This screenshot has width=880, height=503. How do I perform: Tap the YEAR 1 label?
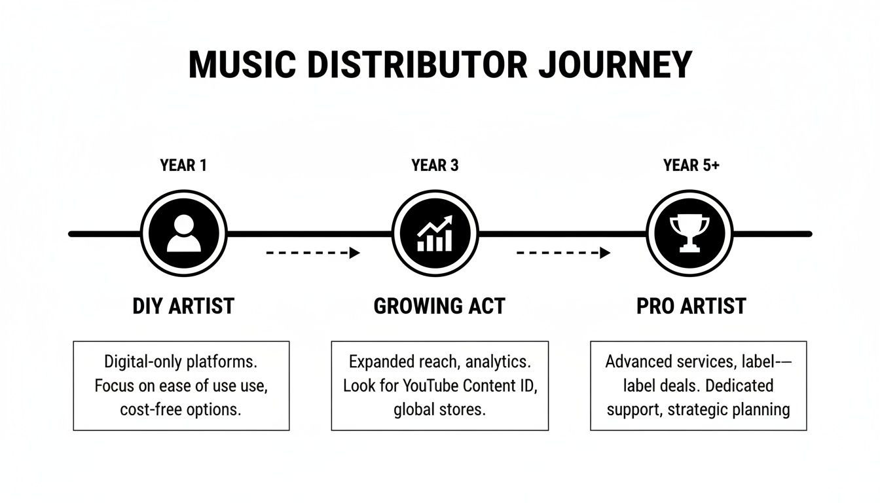pyautogui.click(x=183, y=166)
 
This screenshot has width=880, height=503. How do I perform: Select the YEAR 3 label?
pyautogui.click(x=435, y=166)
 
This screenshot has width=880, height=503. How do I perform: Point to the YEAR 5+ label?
pyautogui.click(x=691, y=166)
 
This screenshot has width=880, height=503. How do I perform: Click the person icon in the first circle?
pyautogui.click(x=184, y=234)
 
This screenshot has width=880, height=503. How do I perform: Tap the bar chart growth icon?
pyautogui.click(x=435, y=234)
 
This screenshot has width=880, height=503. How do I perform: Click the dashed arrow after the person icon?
pyautogui.click(x=313, y=253)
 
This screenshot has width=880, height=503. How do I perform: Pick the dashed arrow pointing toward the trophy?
pyautogui.click(x=563, y=253)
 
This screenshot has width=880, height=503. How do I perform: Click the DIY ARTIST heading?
pyautogui.click(x=183, y=306)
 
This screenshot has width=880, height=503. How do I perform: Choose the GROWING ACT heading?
pyautogui.click(x=439, y=306)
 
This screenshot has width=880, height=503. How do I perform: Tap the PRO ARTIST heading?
pyautogui.click(x=691, y=306)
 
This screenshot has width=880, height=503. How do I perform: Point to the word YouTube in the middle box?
pyautogui.click(x=435, y=386)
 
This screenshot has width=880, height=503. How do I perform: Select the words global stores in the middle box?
pyautogui.click(x=439, y=410)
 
